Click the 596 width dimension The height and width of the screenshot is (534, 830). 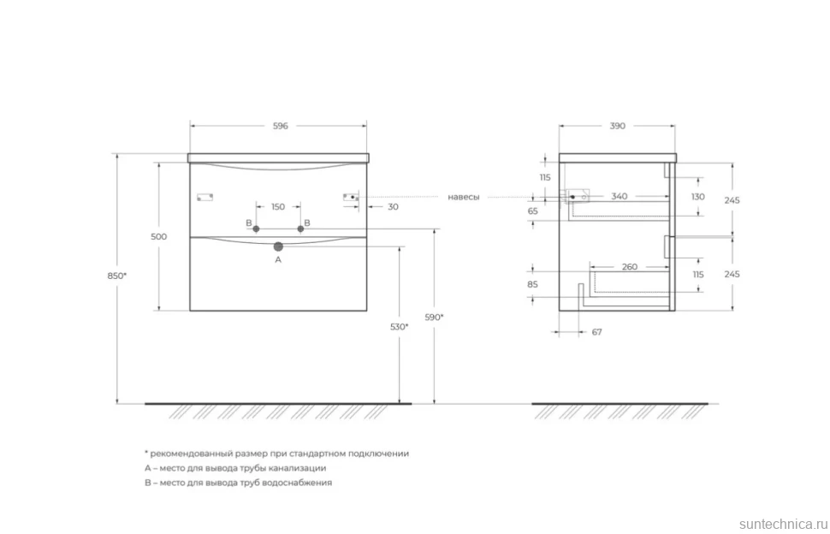point(280,126)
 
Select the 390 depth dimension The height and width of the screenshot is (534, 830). point(617,126)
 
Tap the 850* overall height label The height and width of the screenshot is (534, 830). point(117,276)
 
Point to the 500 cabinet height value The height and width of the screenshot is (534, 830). point(159,236)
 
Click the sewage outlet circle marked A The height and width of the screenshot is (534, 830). point(278,246)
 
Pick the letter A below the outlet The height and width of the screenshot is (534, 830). point(278,260)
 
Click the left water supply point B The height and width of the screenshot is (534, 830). point(256,228)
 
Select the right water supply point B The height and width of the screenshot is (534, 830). point(300,228)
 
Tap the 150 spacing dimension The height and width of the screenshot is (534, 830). point(278,207)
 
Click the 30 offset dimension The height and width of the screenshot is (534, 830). point(393,207)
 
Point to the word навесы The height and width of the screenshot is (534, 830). point(464,197)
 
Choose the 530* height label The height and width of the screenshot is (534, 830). point(399,327)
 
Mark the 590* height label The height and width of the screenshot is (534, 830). point(434,317)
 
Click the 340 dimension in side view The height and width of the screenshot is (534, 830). point(620,196)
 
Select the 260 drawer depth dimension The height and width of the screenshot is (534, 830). point(630,267)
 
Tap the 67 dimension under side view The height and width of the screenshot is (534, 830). point(596,332)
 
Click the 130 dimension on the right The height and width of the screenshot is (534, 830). point(698,196)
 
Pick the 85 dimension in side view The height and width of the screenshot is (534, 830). point(532,284)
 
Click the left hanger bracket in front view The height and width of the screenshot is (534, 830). point(205,198)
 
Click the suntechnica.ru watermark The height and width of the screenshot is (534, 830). point(783,524)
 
